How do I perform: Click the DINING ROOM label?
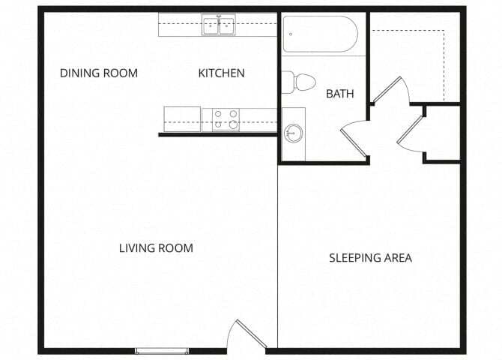99,73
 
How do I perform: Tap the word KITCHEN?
221,73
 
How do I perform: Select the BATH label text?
339,94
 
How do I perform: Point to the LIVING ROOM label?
156,248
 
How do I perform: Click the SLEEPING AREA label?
370,258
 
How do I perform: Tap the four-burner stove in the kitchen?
225,119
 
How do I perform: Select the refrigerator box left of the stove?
182,119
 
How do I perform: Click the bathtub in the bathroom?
320,34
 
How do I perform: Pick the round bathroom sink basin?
293,133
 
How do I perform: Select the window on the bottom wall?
162,350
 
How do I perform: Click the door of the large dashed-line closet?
390,90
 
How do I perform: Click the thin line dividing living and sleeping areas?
278,247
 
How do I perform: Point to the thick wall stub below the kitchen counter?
217,135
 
